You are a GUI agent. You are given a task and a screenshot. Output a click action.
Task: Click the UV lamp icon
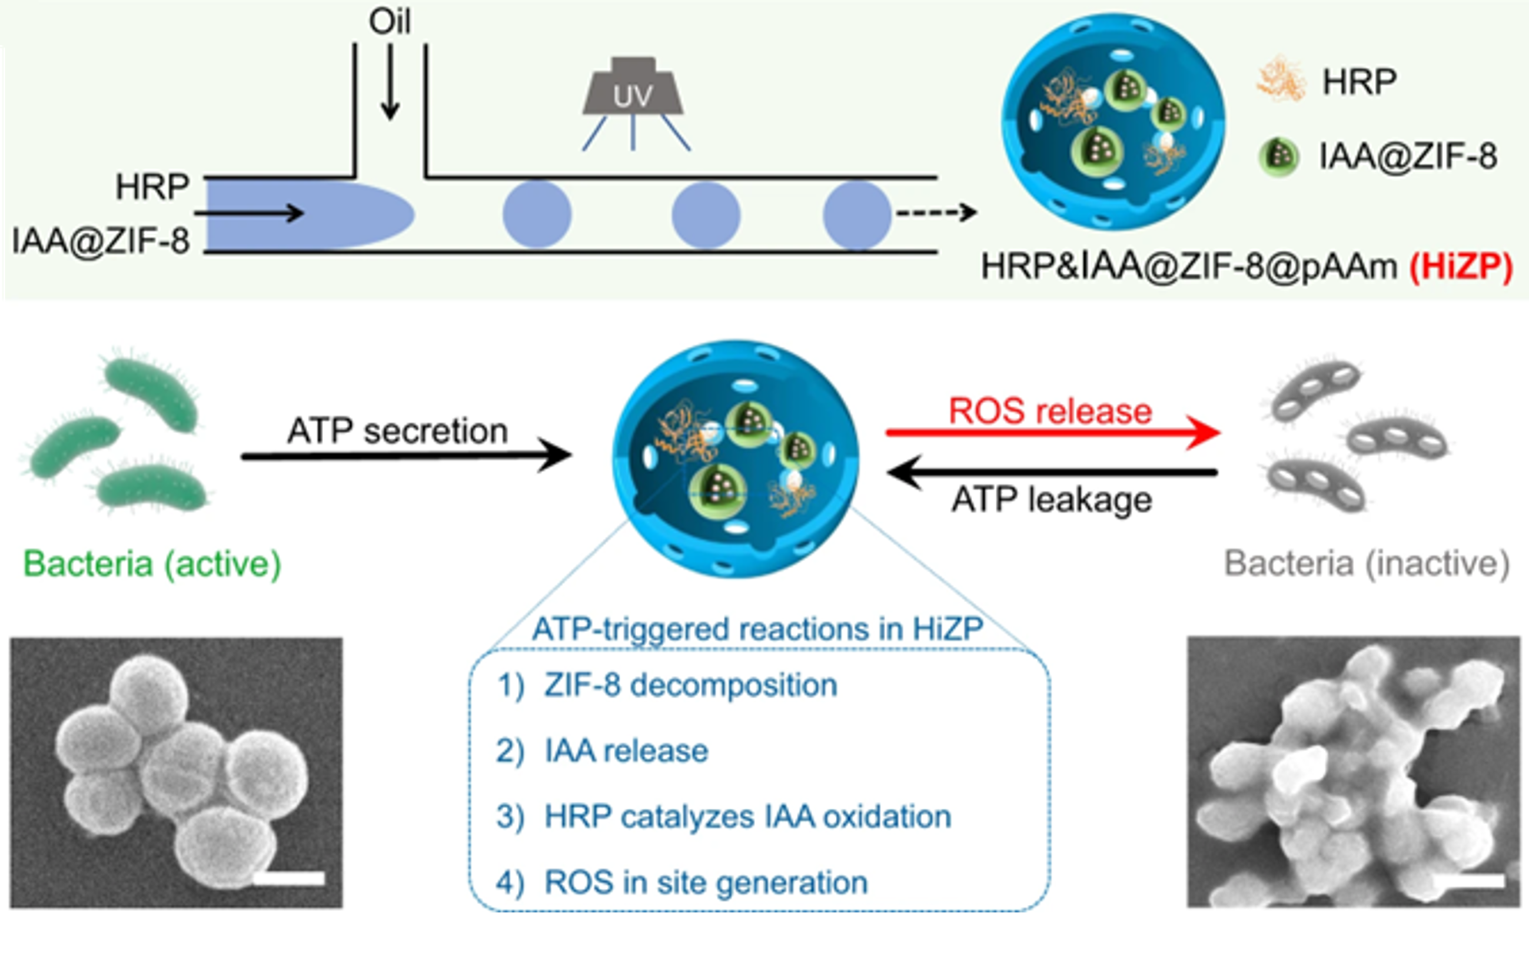pyautogui.click(x=633, y=88)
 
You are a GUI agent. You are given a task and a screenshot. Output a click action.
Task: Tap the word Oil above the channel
pyautogui.click(x=390, y=22)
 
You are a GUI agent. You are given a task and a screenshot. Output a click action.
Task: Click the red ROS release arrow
pyautogui.click(x=1052, y=433)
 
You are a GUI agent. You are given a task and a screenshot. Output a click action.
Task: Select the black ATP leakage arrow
pyautogui.click(x=1052, y=472)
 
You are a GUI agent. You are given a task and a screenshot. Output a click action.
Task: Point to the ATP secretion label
pyautogui.click(x=398, y=431)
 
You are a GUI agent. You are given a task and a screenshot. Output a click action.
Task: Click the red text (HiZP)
pyautogui.click(x=1461, y=267)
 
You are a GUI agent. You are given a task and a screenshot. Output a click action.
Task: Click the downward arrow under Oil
pyautogui.click(x=390, y=82)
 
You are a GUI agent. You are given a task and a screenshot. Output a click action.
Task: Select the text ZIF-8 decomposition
pyautogui.click(x=690, y=685)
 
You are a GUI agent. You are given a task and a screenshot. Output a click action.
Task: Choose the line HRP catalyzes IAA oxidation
pyautogui.click(x=748, y=817)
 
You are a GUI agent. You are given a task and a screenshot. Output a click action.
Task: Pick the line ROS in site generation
pyautogui.click(x=706, y=882)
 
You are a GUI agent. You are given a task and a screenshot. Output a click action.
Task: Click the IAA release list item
pyautogui.click(x=626, y=751)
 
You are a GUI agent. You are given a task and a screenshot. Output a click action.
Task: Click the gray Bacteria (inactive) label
pyautogui.click(x=1367, y=563)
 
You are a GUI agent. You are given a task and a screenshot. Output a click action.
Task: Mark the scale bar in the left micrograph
pyautogui.click(x=289, y=878)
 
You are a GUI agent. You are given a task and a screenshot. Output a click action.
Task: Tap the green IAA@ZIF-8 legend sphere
pyautogui.click(x=1279, y=155)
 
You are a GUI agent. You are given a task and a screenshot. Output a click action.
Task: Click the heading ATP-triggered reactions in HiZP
pyautogui.click(x=757, y=629)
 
